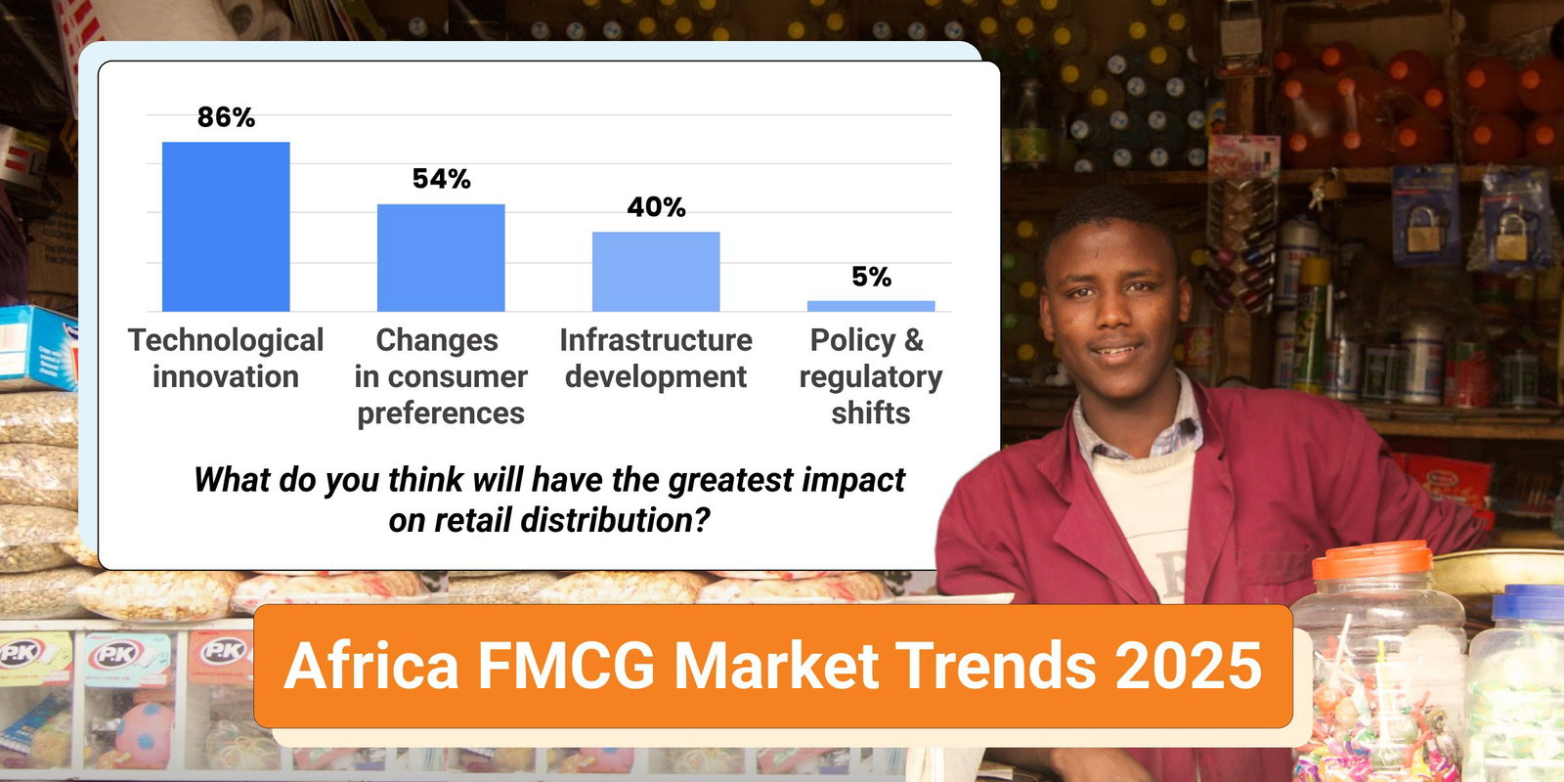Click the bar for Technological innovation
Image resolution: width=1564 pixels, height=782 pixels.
[226, 227]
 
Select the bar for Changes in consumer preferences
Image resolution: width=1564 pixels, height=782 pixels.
[441, 257]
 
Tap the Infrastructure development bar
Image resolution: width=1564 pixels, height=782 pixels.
[656, 272]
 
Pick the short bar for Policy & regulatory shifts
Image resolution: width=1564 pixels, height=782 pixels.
[871, 306]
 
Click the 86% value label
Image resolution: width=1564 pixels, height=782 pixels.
[226, 117]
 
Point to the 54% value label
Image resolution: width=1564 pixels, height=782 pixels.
[441, 179]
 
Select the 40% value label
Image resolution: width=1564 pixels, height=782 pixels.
[656, 207]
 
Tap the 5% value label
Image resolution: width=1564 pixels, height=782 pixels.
[871, 277]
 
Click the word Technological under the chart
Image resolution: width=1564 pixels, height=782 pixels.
[226, 340]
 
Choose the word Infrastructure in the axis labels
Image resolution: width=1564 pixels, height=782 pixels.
[656, 340]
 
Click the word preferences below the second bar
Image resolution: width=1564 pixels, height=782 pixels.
[441, 413]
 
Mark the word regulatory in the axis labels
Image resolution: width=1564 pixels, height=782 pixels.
[871, 376]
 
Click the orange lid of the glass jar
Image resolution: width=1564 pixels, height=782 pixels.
[1371, 560]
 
